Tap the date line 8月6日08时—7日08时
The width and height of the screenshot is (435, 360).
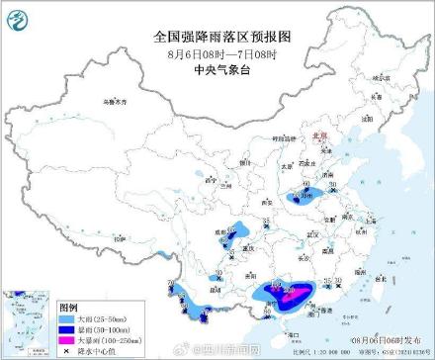[217, 52]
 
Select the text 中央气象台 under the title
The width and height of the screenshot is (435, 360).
[217, 69]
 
